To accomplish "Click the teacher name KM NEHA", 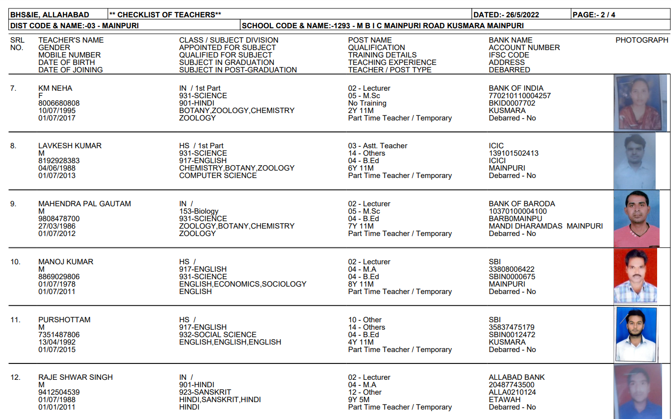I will click(x=55, y=88).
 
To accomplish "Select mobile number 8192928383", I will click(x=59, y=161).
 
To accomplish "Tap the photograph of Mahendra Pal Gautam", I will click(x=636, y=218).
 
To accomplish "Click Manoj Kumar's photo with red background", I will click(x=635, y=276).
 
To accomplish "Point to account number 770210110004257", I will click(x=519, y=96).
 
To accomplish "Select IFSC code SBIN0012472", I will click(x=512, y=335).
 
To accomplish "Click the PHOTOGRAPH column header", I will click(x=642, y=40).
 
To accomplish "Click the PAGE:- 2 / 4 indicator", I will click(x=594, y=15).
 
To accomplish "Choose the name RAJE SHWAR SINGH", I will click(x=75, y=377).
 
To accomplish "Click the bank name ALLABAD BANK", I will click(x=516, y=377).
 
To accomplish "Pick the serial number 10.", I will click(x=15, y=262).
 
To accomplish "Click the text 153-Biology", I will click(x=199, y=211).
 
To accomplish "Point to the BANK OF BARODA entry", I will click(x=522, y=204).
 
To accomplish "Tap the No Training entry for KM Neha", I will click(x=367, y=103).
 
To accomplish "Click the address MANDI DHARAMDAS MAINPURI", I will click(x=546, y=226).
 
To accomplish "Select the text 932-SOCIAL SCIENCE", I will click(x=218, y=335).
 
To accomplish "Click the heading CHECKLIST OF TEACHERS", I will click(x=165, y=15).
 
